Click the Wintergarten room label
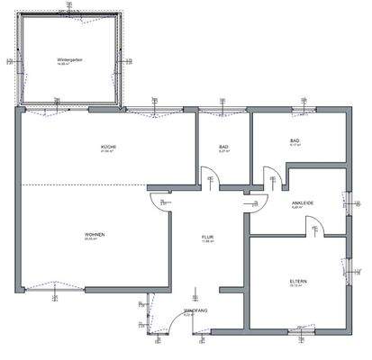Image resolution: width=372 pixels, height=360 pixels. (x=69, y=59)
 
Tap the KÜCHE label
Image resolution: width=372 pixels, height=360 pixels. (x=109, y=146)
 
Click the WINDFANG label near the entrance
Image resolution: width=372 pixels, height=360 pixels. (x=195, y=310)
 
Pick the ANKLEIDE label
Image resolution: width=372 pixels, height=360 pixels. (x=303, y=202)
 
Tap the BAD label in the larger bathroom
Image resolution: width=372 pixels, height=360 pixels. (x=295, y=140)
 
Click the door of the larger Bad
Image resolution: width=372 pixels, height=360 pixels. (x=266, y=175)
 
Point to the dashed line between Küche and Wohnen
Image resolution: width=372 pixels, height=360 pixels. (x=90, y=184)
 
